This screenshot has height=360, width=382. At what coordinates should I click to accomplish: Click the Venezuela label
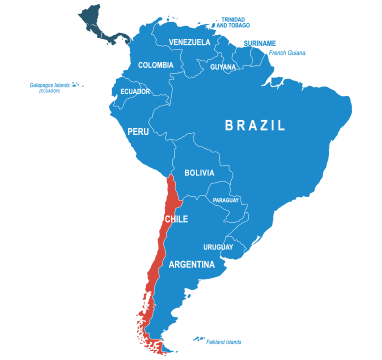coord(189,42)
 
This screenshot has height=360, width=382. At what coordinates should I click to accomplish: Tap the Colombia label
coord(155,65)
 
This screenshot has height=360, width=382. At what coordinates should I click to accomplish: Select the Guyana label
coord(223,67)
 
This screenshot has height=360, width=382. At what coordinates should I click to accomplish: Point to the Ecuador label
coord(135,91)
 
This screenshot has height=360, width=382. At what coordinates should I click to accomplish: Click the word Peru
coord(138,131)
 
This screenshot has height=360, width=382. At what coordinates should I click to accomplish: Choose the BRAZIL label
coord(255,126)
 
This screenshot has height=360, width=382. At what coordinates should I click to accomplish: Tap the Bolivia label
coord(199,173)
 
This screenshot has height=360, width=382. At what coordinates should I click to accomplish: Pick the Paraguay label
coord(226,200)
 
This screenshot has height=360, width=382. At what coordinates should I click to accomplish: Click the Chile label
coord(176,219)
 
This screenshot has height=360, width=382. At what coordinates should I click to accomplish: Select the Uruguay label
coord(218,247)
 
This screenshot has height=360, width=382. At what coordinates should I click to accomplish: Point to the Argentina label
coord(191,265)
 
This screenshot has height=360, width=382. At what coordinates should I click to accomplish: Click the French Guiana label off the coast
coord(287,53)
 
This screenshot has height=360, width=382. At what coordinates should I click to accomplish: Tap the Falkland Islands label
coord(223,341)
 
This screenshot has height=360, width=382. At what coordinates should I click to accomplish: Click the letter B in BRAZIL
coord(229,126)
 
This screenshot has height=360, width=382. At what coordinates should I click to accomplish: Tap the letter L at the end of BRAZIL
coord(281,126)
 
